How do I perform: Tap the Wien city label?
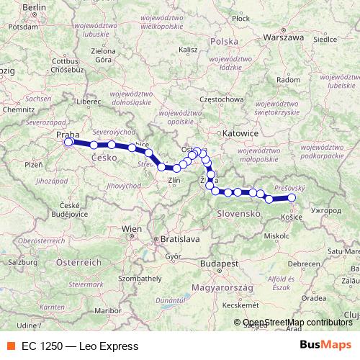132,228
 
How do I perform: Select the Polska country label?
223,42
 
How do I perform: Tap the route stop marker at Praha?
69,142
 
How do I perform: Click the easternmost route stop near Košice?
292,197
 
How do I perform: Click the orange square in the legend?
10,346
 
